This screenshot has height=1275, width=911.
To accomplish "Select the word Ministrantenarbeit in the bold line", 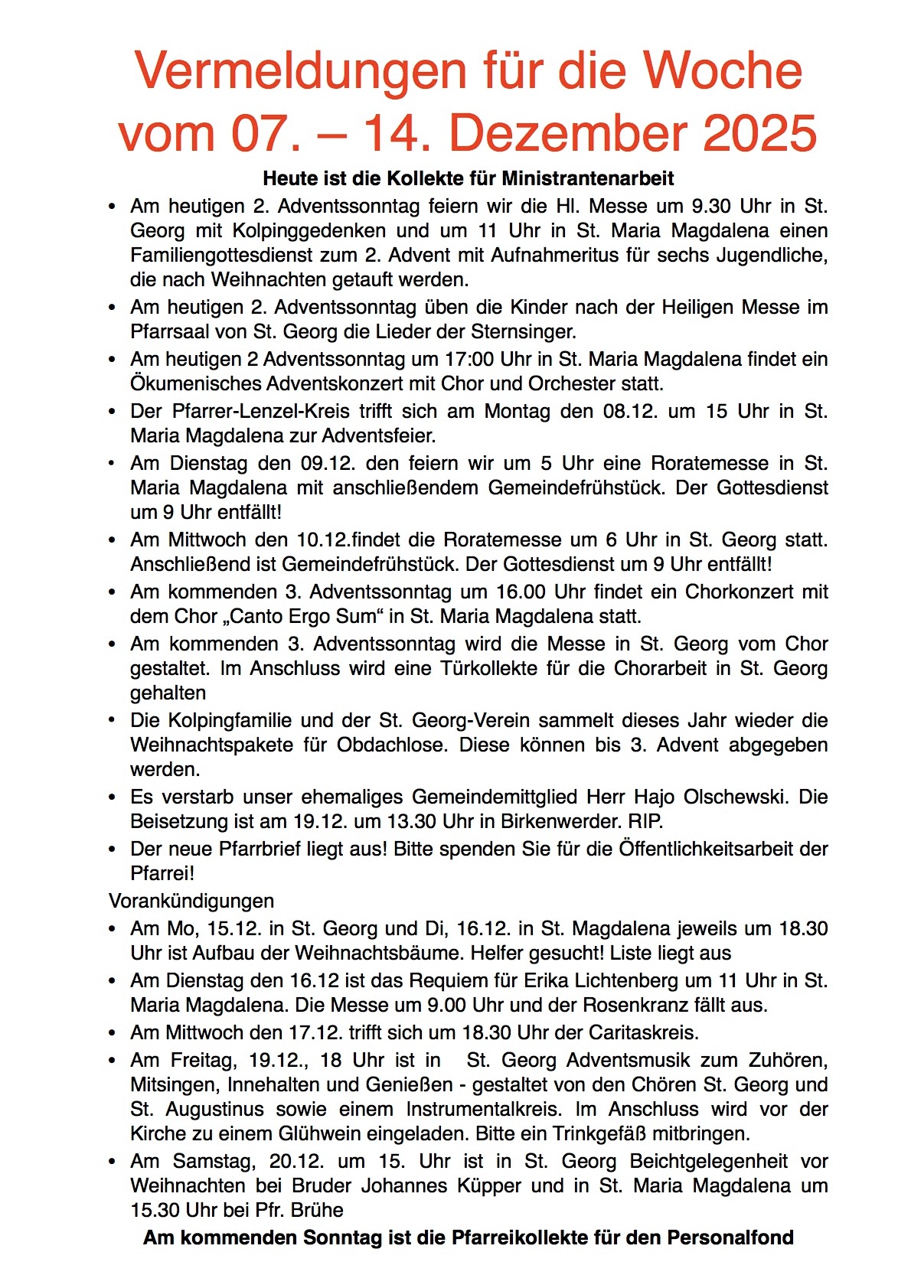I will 588,179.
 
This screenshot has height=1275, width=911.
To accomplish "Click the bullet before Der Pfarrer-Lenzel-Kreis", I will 113,412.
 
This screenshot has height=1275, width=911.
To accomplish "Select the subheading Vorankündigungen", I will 191,901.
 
